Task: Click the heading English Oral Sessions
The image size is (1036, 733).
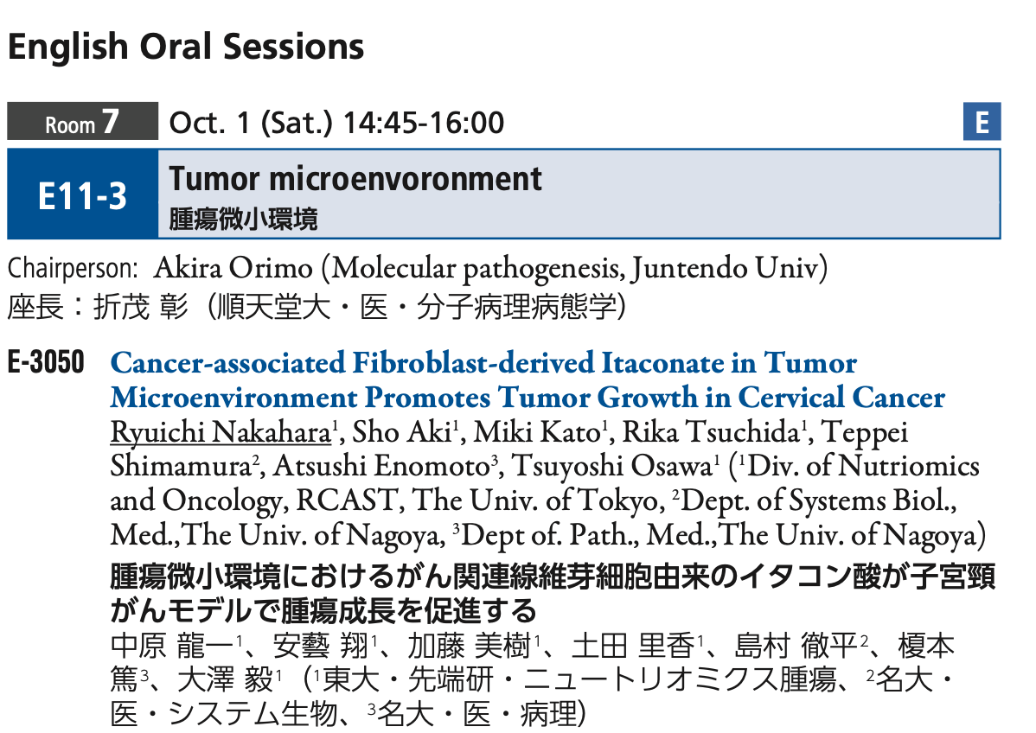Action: [x=186, y=48]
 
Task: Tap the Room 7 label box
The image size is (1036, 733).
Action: [x=83, y=121]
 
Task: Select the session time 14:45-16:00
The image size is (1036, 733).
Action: [x=424, y=123]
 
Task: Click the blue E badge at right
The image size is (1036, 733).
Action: [x=982, y=122]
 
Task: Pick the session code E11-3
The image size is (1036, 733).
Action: [x=83, y=196]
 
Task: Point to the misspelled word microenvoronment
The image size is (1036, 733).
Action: [x=406, y=179]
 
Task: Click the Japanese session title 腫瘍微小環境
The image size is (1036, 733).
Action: [x=243, y=220]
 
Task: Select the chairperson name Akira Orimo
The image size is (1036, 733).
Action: [x=233, y=268]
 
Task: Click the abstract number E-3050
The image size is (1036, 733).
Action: [x=46, y=362]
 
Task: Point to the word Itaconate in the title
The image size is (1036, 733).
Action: [x=662, y=363]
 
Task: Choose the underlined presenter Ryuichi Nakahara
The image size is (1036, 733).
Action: [x=221, y=432]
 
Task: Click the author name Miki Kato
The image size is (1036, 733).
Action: [x=536, y=432]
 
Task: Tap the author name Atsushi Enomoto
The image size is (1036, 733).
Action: [x=381, y=466]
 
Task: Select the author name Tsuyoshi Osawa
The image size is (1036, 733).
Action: [x=611, y=466]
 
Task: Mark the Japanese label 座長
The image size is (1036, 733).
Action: [x=35, y=307]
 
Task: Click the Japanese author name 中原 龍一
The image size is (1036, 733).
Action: [x=172, y=646]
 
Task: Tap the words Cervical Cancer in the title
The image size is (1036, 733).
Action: [x=841, y=398]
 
